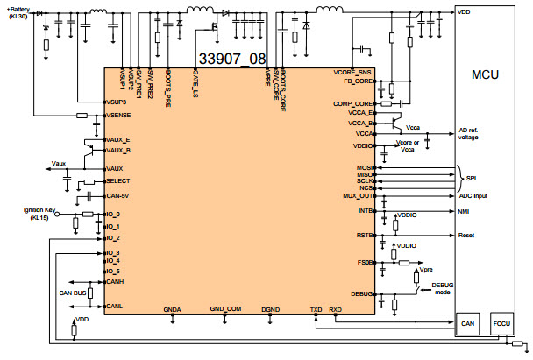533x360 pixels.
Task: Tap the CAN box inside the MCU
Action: coord(469,323)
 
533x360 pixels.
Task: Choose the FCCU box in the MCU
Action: coord(503,323)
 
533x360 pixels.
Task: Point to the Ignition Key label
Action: coord(39,211)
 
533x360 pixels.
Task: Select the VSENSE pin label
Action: coord(117,115)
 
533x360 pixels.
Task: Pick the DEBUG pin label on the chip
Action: coord(361,294)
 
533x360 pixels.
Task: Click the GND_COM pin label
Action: coord(224,309)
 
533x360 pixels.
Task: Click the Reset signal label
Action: coord(467,236)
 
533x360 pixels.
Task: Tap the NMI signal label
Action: coord(465,211)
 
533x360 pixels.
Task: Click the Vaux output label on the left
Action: coord(59,163)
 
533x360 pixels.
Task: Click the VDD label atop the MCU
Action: coord(464,11)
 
